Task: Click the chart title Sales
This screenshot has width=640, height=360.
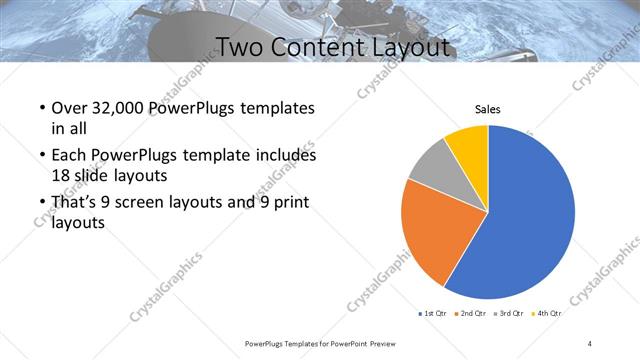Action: pos(487,109)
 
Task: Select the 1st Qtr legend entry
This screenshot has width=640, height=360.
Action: pos(431,314)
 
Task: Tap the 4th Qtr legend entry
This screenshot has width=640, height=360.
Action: pos(548,314)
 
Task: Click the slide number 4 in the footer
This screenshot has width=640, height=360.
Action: pos(590,343)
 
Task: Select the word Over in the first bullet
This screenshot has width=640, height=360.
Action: pos(69,109)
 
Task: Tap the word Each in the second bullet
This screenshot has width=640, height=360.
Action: pos(69,156)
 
